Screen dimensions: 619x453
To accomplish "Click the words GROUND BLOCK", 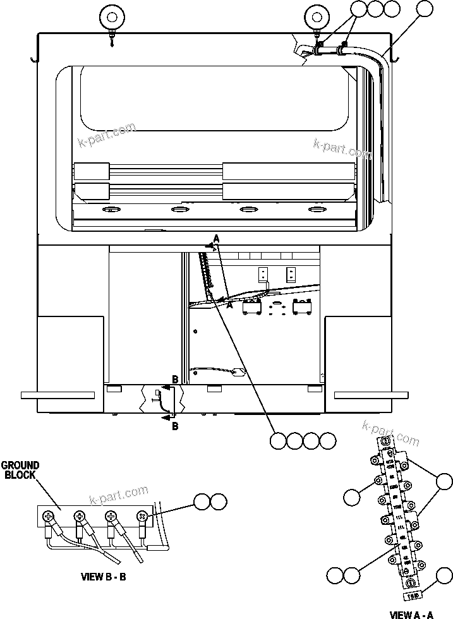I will (21, 470).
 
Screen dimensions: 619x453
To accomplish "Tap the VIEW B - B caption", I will (104, 577).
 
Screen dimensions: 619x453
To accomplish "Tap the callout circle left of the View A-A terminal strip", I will (352, 496).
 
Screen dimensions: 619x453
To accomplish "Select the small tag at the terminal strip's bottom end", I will (411, 595).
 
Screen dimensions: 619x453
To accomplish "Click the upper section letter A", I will (216, 238).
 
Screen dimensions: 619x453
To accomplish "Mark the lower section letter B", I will (175, 426).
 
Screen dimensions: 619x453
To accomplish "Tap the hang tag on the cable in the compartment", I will (238, 373).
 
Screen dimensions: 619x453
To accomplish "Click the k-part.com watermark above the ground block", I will (119, 494).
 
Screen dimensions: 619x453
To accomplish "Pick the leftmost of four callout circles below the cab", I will (278, 441).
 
